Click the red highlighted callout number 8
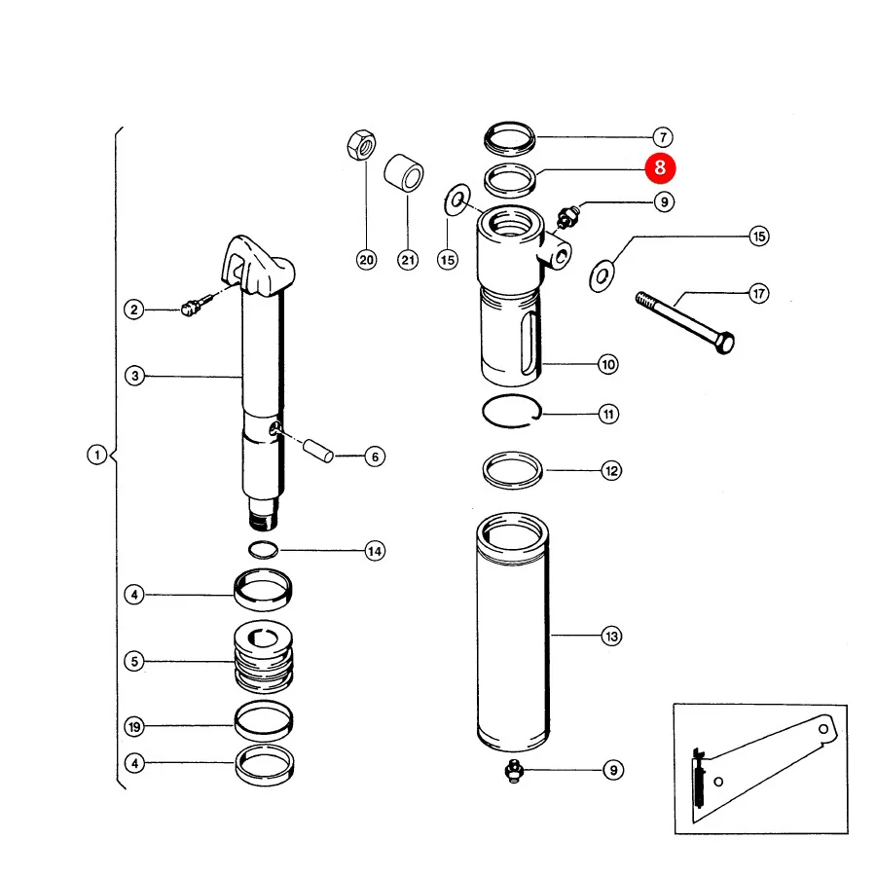[x=660, y=167]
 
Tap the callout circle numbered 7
[x=663, y=137]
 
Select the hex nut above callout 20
[x=361, y=145]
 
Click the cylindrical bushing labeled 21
[x=404, y=172]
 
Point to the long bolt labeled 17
[x=685, y=322]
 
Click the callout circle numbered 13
[x=612, y=636]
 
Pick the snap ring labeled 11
[x=512, y=411]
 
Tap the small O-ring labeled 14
[x=263, y=550]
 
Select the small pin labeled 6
[x=318, y=452]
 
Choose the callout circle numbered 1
[x=97, y=455]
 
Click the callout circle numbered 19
[x=134, y=727]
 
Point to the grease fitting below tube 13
[x=513, y=771]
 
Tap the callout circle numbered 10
[x=608, y=365]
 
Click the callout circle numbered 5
[x=134, y=662]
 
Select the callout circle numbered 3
[x=134, y=376]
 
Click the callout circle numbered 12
[x=612, y=470]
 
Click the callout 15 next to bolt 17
[x=759, y=237]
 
